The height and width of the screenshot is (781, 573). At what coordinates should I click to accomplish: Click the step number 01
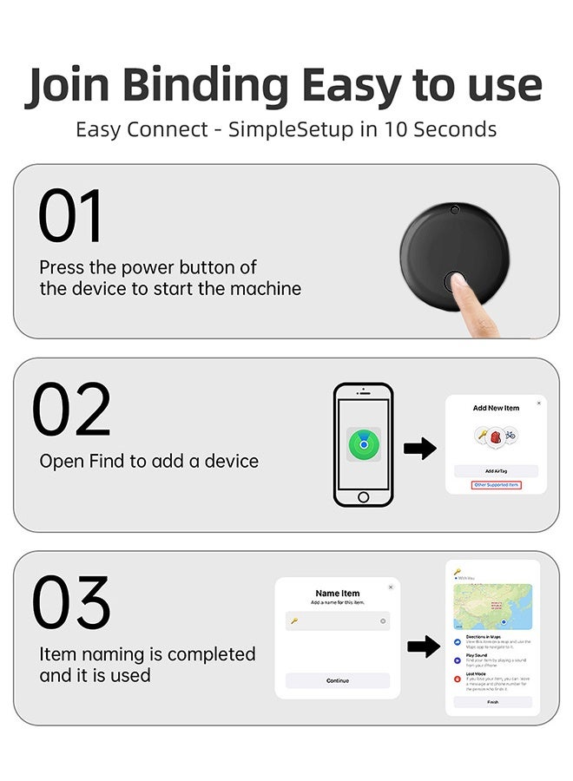pos(70,216)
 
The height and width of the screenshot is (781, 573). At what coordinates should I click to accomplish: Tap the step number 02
pos(72,410)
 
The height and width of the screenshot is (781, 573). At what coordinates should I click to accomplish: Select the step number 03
pos(72,603)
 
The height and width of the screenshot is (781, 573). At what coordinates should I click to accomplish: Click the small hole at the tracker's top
pos(454,209)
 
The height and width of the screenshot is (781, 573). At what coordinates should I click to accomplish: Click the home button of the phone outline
pos(363,497)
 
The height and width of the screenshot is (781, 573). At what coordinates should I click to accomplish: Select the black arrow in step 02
pos(419,449)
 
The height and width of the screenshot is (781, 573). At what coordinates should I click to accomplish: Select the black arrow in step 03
pos(423,646)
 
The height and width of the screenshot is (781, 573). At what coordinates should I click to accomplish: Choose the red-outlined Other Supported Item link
pos(497,485)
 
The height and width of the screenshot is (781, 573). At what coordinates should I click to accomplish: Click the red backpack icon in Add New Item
pos(496,436)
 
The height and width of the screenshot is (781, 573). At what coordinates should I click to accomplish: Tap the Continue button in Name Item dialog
pos(338,680)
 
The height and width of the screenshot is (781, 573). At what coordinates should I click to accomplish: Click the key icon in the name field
pos(294,621)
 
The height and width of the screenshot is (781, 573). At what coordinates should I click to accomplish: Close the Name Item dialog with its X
pos(391,587)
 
